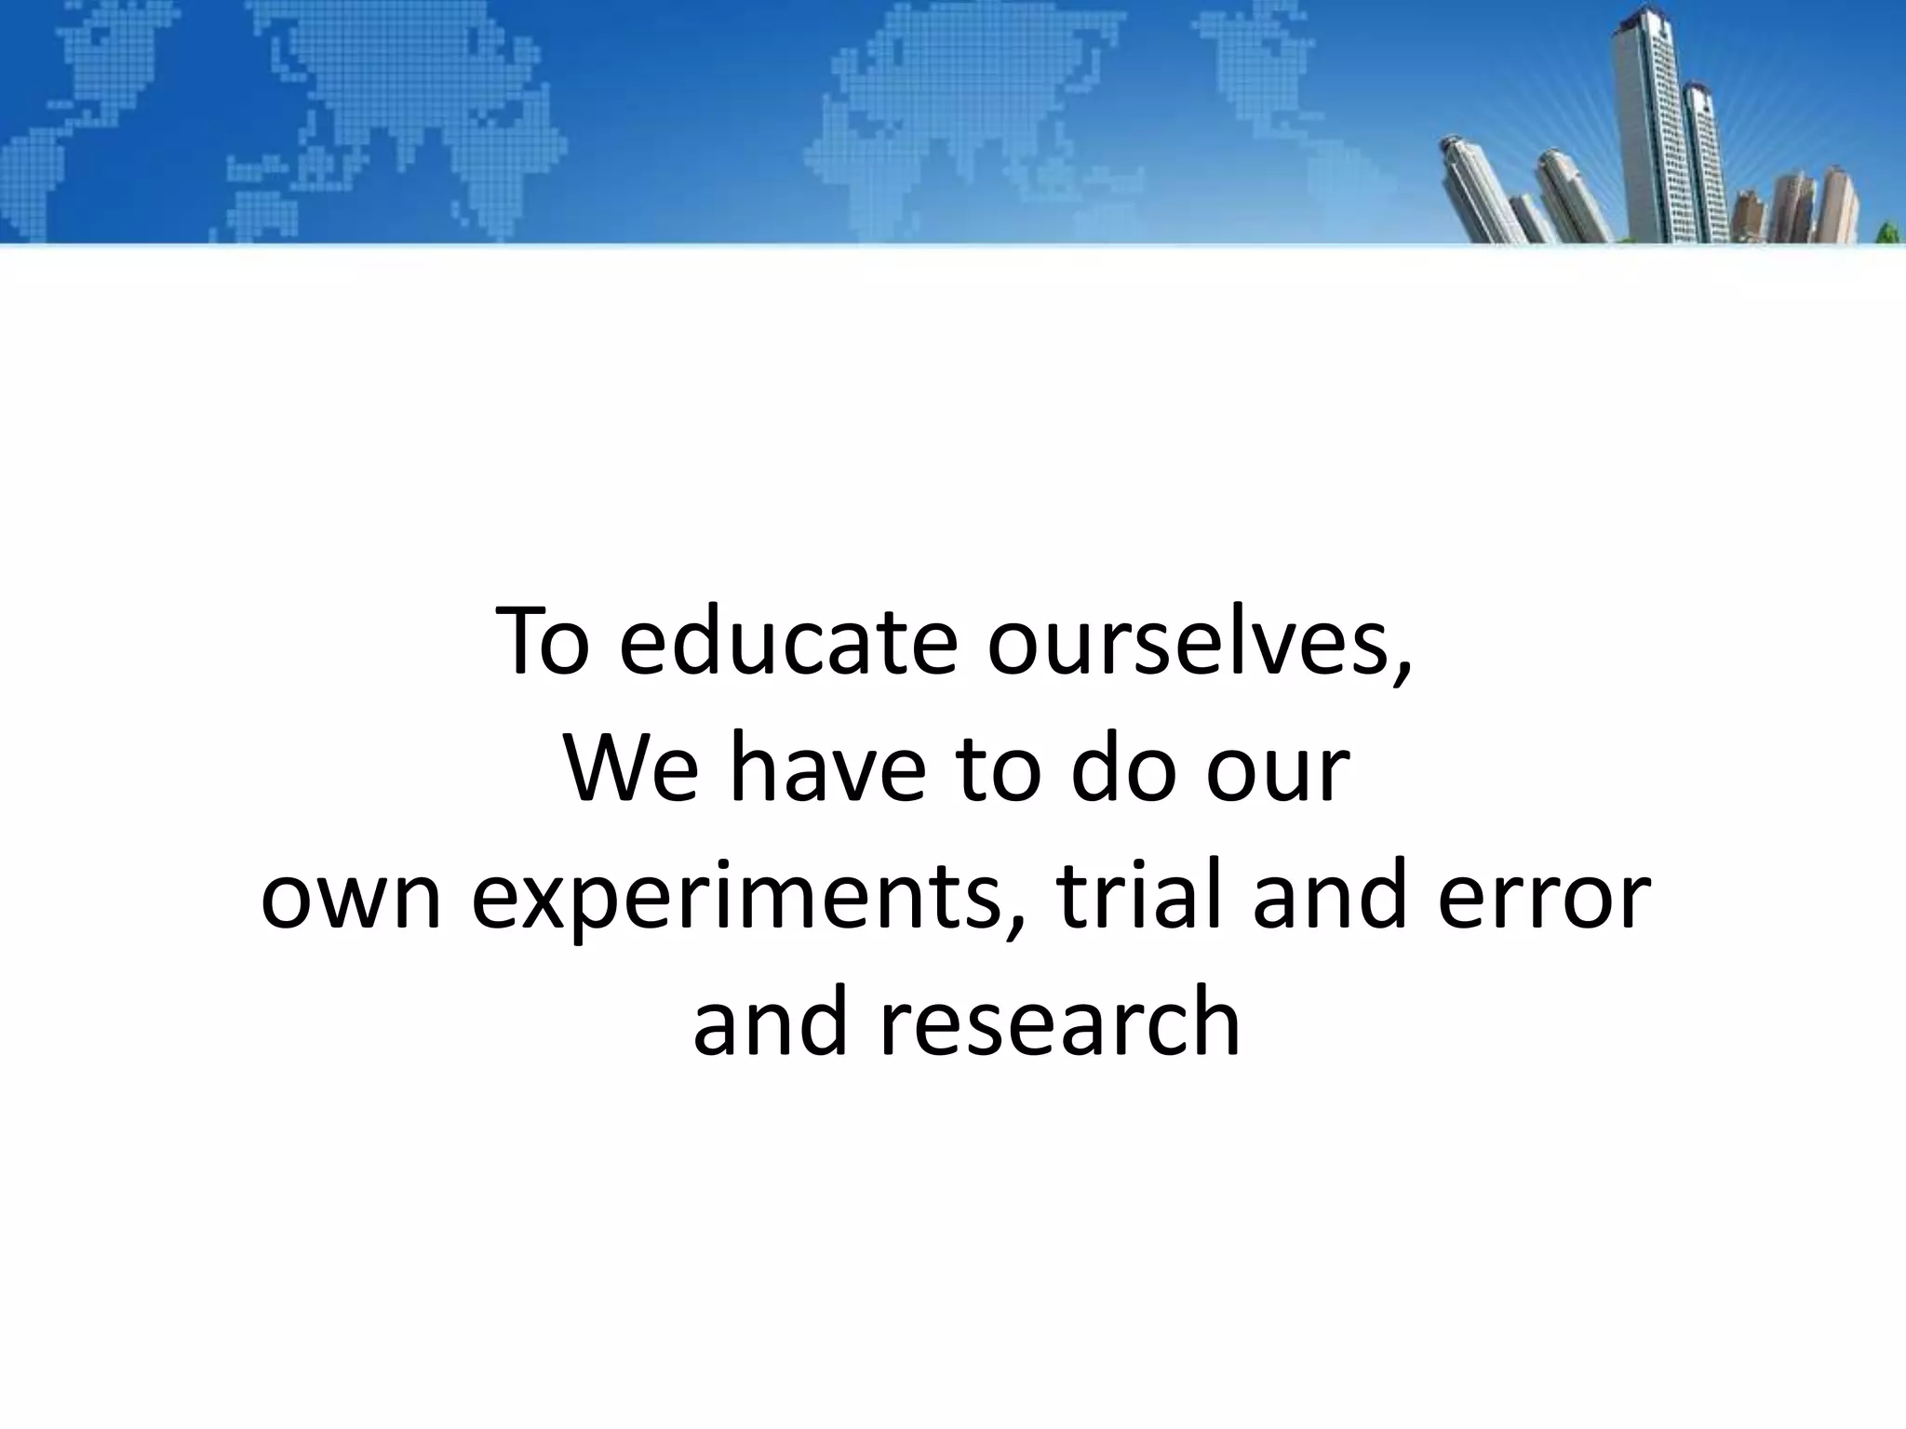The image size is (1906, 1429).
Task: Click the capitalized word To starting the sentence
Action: (543, 642)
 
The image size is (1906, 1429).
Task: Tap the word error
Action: (1544, 902)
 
